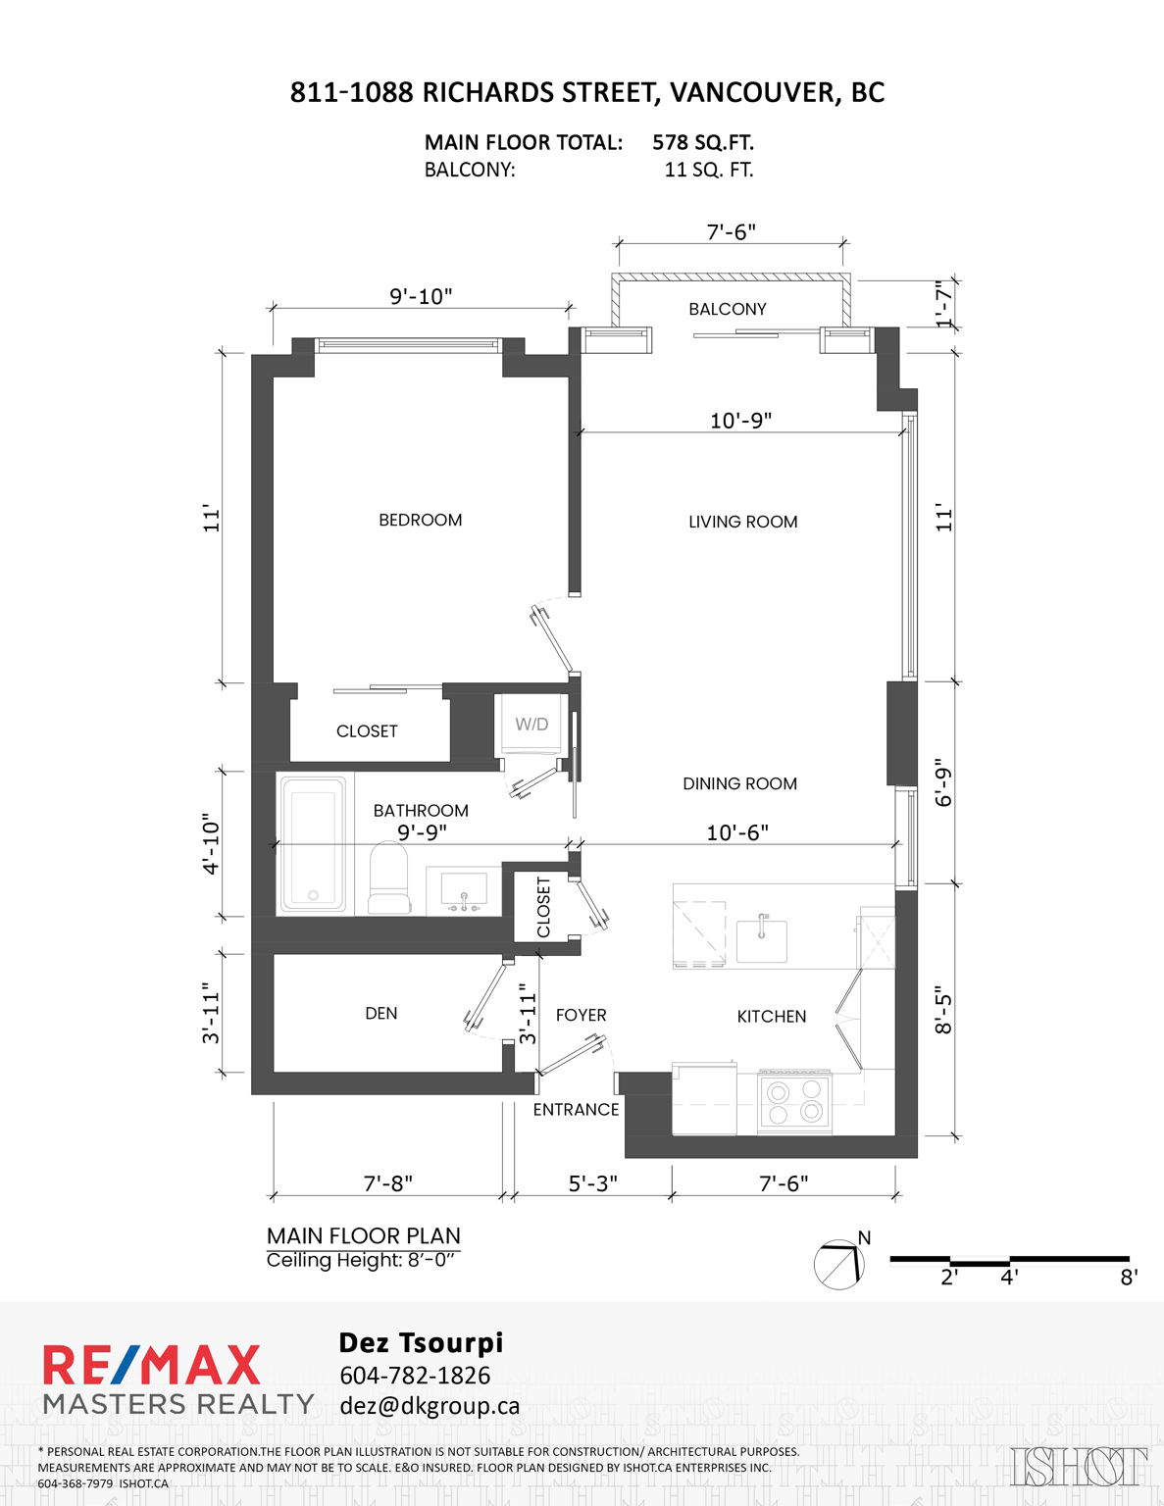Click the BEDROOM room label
pos(420,520)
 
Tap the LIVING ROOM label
pos(742,522)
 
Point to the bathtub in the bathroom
pos(313,843)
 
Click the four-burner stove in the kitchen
pos(794,1102)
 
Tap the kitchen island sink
pos(761,938)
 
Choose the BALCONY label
pos(728,309)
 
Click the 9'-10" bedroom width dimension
pos(421,297)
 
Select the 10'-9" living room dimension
pos(740,420)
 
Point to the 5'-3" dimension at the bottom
pos(593,1183)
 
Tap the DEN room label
pos(381,1013)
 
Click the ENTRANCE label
pos(576,1110)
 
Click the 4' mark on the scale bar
pos(1009,1277)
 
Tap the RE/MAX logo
pos(152,1365)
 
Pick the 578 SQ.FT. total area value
pos(702,143)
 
